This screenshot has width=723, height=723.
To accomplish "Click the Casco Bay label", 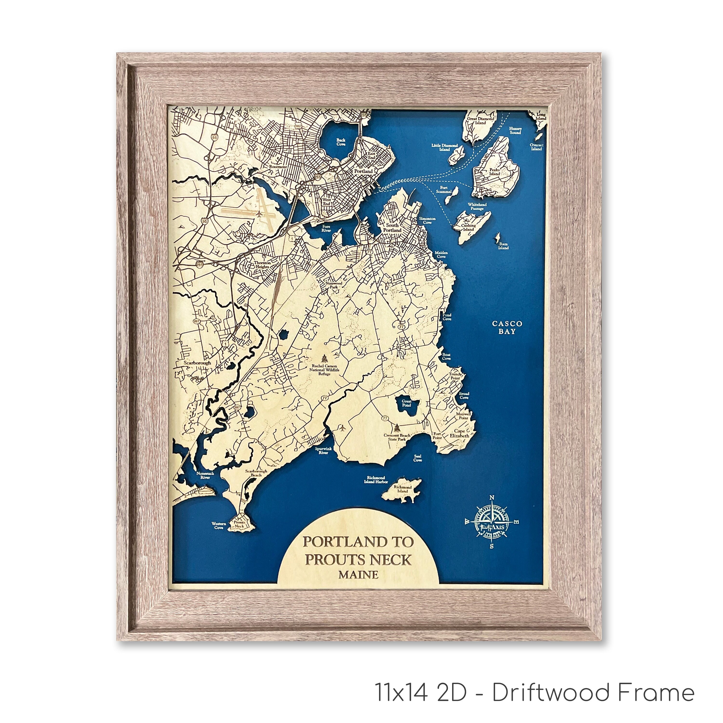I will click(507, 328).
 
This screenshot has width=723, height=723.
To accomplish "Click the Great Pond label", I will click(406, 403).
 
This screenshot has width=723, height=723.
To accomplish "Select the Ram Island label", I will click(503, 246).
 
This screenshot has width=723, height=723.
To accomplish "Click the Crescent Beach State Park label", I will click(397, 437).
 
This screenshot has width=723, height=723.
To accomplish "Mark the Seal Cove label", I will click(418, 458).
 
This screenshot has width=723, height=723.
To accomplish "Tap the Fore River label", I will click(326, 228).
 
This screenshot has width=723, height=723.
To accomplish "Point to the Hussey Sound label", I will click(515, 130).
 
